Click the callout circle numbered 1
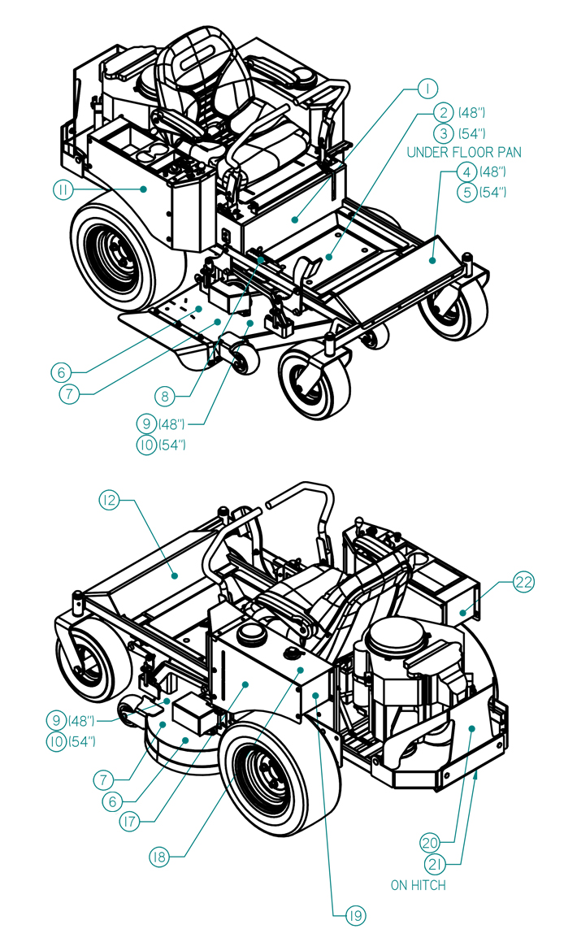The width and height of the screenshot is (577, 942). coord(427,89)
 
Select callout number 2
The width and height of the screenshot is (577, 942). coord(443,112)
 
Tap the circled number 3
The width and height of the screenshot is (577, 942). coord(443,133)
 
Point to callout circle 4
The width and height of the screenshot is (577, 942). coord(466,171)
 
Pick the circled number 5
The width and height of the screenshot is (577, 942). coord(466,193)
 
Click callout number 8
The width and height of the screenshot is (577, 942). coord(164,396)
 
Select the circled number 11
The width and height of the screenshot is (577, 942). coord(63,190)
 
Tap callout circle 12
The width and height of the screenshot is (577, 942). coord(109,500)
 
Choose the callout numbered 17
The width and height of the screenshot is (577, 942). coord(129,821)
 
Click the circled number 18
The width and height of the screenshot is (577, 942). coord(159,857)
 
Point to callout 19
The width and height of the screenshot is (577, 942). coord(355,915)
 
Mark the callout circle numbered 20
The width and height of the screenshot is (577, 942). coord(430,843)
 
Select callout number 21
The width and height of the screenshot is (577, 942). coord(436,864)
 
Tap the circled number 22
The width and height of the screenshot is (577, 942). coord(523,582)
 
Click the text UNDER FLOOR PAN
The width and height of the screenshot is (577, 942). coord(464,153)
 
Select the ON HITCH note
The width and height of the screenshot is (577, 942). coord(419,886)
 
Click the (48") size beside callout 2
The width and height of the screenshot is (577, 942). coord(472,113)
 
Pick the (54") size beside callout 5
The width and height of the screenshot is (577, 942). coord(493,193)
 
